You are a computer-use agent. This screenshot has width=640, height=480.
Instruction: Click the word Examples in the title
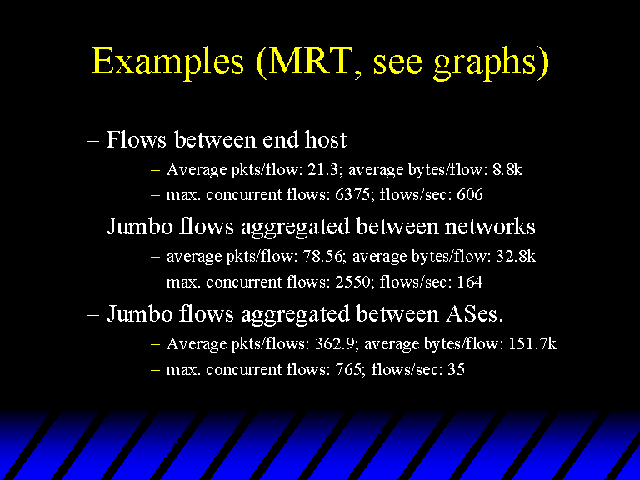tap(167, 61)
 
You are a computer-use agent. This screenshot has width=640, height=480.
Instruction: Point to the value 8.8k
tap(507, 169)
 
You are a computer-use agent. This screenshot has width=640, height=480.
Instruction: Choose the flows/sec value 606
tap(469, 194)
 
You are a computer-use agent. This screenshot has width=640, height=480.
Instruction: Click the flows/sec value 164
tap(469, 282)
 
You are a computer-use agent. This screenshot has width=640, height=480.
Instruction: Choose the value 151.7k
tap(532, 344)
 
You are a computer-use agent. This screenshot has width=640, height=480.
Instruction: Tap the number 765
tap(349, 369)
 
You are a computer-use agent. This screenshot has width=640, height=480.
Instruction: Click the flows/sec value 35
tap(457, 369)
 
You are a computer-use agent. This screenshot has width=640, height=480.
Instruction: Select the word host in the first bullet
tap(325, 140)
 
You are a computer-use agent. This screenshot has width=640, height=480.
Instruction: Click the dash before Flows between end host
tap(92, 140)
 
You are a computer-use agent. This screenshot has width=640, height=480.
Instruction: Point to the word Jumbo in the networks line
tap(140, 226)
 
